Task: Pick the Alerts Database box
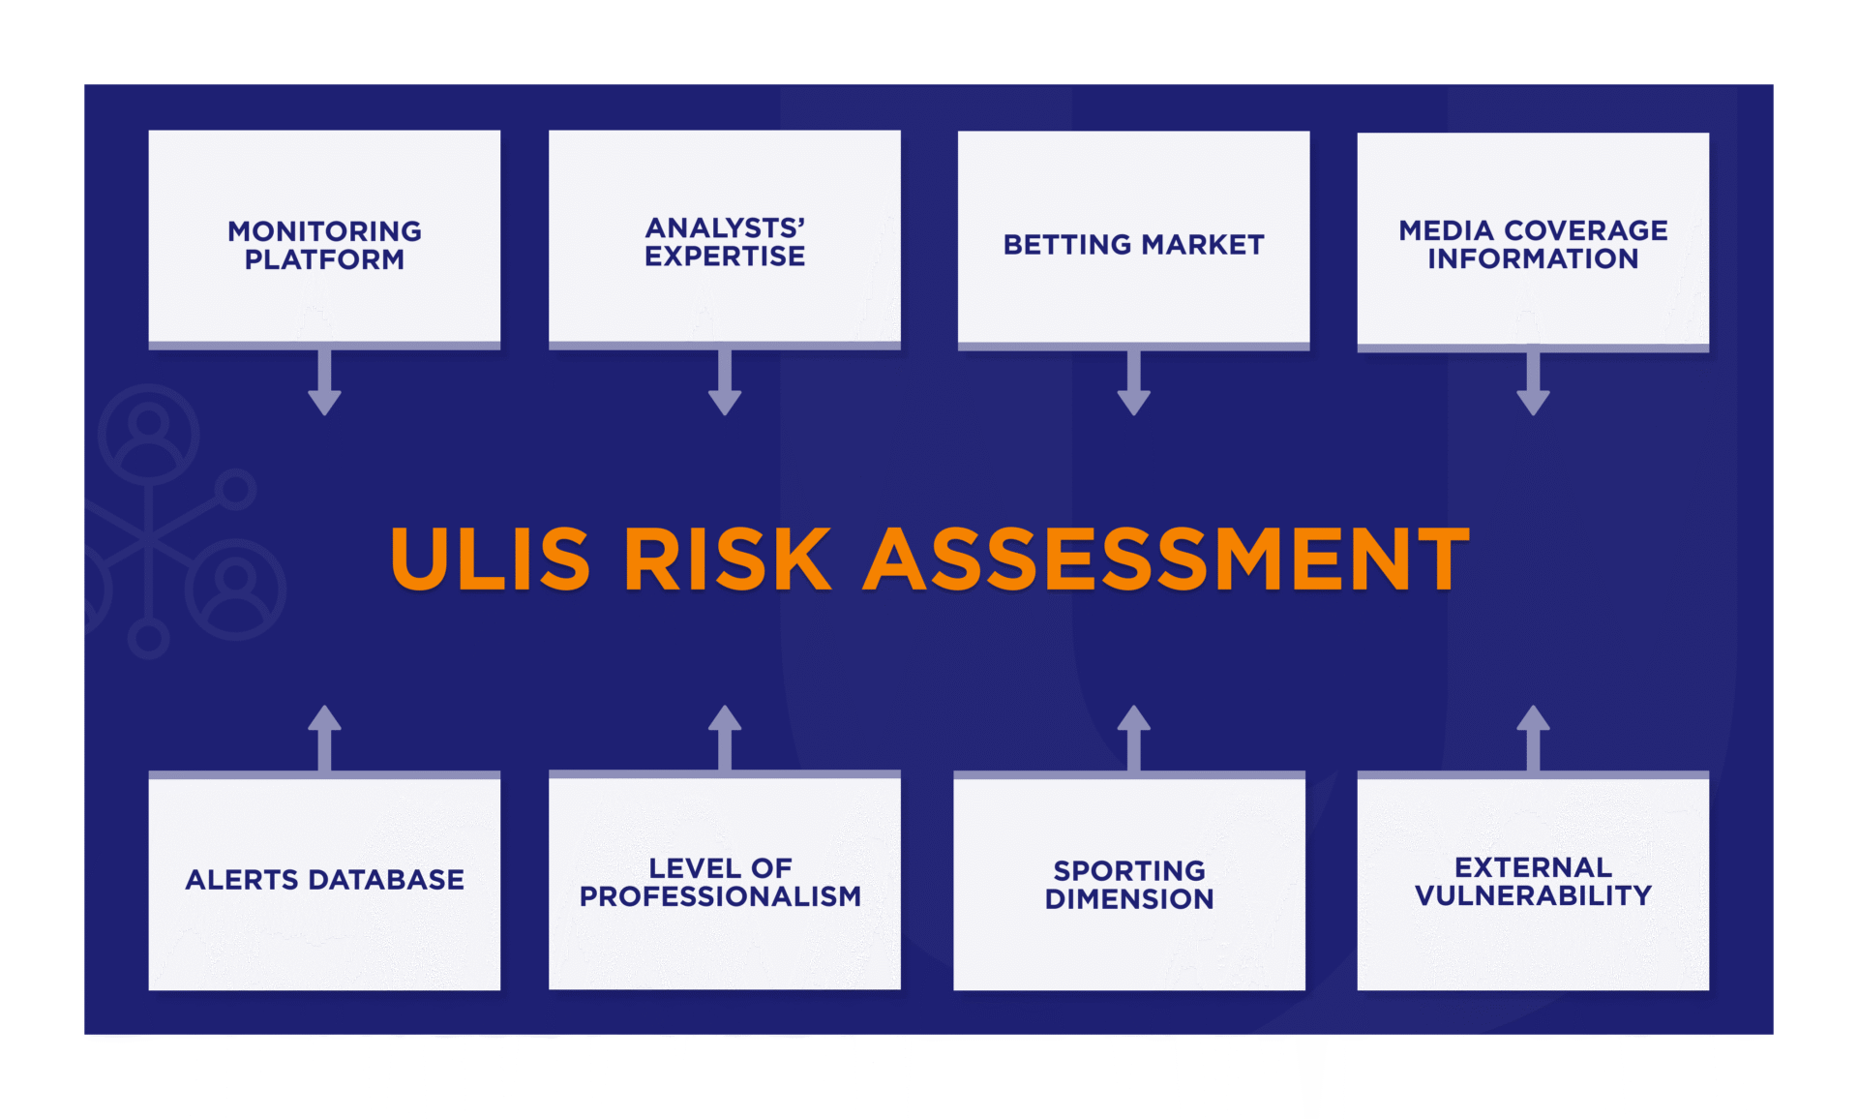324,881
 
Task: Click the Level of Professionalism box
724,881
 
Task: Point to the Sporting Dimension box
1129,882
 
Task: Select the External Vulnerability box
1533,882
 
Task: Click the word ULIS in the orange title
490,559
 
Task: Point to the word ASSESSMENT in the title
1166,559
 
